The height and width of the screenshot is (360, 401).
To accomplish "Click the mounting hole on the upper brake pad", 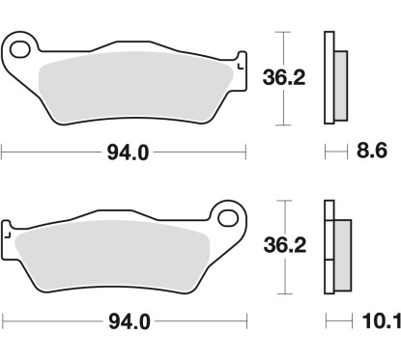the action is tap(19, 49).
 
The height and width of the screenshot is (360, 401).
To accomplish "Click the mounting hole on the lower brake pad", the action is tap(228, 218).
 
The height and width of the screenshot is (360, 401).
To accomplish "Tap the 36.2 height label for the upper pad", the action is tap(284, 77).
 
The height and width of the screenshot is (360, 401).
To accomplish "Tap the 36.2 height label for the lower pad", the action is tap(285, 245).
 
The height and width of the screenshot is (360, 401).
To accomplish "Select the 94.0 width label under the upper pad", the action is tap(128, 152).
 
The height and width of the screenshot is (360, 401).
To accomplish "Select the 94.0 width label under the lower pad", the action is tap(129, 321).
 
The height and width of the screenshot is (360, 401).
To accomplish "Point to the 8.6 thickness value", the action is tap(372, 151).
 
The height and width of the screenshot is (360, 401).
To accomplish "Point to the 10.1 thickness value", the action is tap(382, 320).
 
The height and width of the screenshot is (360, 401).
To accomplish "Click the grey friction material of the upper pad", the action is tap(135, 87).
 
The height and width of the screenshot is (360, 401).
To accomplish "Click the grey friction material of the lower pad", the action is tap(113, 256).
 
